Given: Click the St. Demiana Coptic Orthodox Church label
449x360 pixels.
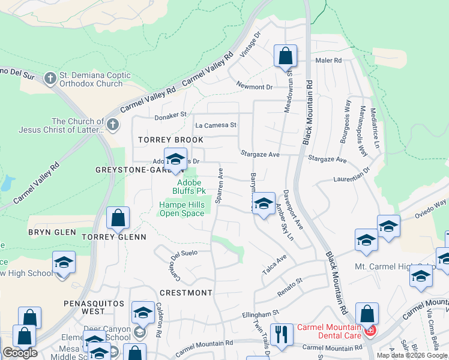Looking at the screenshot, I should (92, 80).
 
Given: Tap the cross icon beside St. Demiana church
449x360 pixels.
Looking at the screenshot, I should (50, 77).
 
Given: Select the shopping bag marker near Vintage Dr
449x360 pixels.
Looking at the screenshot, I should (286, 57).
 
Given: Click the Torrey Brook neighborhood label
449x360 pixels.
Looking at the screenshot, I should (170, 140).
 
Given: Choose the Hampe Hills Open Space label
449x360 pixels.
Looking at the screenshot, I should (182, 209).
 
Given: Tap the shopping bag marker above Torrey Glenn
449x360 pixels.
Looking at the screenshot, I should (118, 218).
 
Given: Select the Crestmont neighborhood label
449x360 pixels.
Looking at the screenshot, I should (186, 293).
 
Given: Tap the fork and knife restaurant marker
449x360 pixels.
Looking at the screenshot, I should (280, 333).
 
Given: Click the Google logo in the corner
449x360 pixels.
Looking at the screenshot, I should (20, 353).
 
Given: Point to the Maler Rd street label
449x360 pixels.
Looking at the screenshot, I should (328, 61).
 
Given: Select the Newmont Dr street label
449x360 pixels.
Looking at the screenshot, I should (254, 87).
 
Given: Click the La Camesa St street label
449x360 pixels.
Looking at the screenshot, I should (216, 125).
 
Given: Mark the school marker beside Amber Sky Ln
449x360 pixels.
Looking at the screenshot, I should (263, 203).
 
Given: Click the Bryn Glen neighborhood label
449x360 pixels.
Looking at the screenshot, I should (52, 232).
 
